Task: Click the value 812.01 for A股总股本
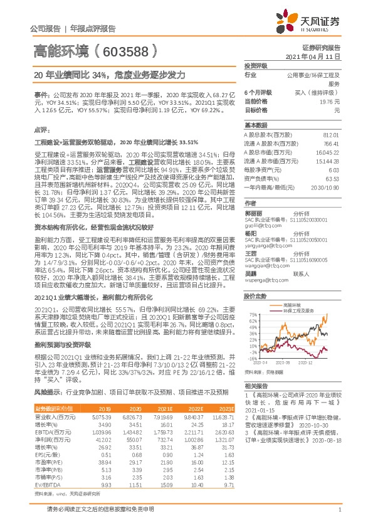[331, 135]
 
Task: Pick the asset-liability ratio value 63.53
[331, 179]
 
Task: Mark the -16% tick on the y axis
[252, 359]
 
